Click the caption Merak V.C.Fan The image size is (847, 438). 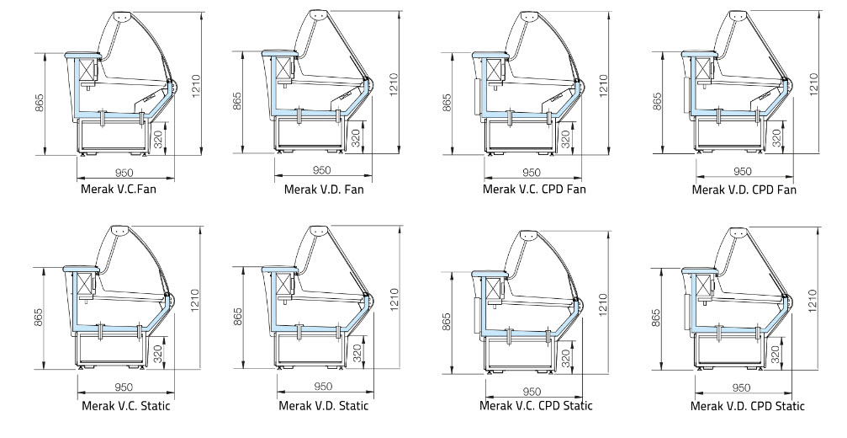[119, 190]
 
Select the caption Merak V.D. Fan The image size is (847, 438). [324, 190]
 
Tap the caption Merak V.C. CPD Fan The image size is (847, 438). [534, 190]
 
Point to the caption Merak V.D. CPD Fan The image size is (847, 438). [744, 190]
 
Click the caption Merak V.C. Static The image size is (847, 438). [126, 405]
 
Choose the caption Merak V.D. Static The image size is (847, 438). [324, 405]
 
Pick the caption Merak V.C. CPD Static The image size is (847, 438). [536, 405]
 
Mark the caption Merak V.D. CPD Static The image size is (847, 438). [748, 406]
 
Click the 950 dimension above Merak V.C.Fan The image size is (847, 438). [124, 173]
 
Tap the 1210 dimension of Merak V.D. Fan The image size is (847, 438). [394, 85]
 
